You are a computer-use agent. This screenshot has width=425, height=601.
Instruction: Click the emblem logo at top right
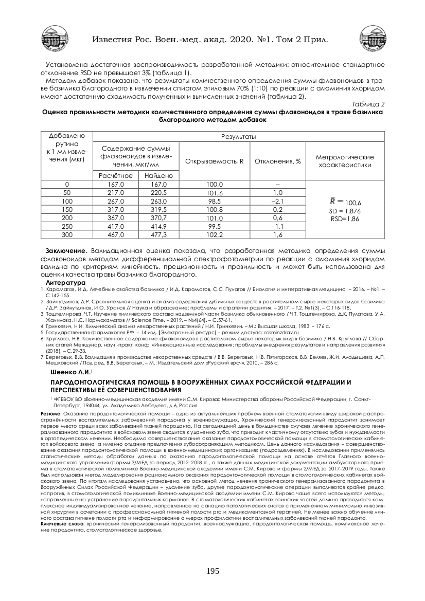tap(372, 39)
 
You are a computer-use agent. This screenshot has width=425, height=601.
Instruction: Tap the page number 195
tap(213, 571)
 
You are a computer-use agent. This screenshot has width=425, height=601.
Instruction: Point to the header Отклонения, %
tap(278, 161)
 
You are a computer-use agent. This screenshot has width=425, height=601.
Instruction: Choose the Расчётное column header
tap(116, 175)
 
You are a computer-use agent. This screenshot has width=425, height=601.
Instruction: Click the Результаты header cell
tap(238, 136)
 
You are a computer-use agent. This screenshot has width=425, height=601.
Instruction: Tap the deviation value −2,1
tap(278, 201)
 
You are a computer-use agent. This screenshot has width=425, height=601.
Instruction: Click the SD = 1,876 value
tap(345, 211)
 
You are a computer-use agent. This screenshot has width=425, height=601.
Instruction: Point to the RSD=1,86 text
tap(345, 219)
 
